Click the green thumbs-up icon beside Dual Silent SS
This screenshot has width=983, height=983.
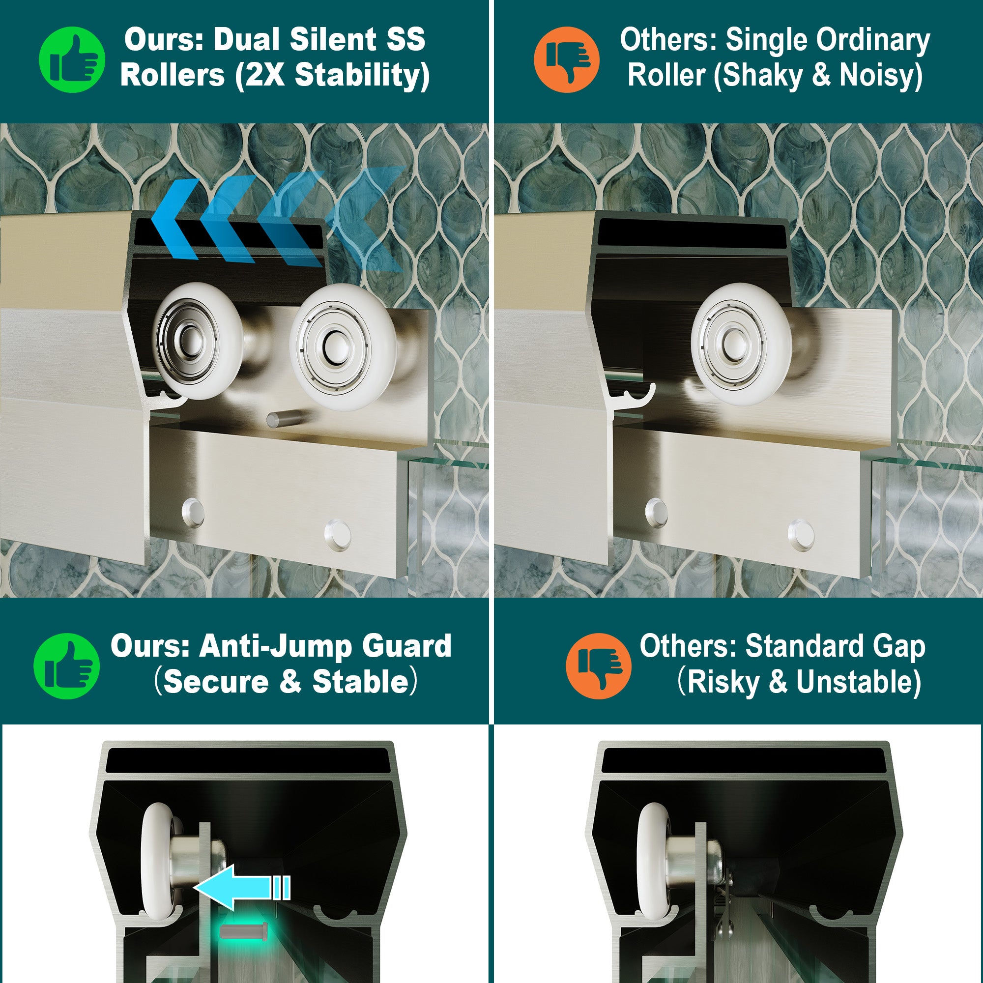coord(72,59)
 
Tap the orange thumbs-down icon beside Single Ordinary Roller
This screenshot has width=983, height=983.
coord(566,59)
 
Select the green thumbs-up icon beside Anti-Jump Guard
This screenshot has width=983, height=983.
coord(67,665)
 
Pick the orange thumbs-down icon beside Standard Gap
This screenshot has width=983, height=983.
coord(598,665)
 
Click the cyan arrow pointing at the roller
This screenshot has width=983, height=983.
coord(243,887)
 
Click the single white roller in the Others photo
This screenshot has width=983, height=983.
coord(741,345)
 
